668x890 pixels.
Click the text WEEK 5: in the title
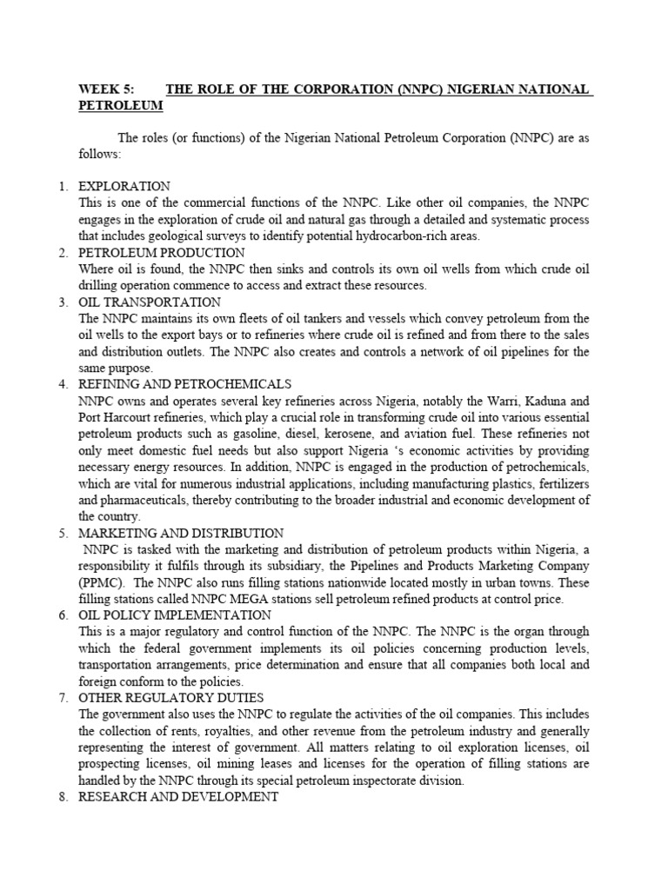(105, 90)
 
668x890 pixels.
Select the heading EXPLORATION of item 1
(124, 187)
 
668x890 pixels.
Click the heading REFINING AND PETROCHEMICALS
(184, 384)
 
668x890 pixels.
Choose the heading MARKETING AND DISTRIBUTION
(181, 533)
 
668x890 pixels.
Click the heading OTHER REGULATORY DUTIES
(170, 698)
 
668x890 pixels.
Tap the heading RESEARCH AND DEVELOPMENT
(178, 797)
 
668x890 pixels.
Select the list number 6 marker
(63, 615)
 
